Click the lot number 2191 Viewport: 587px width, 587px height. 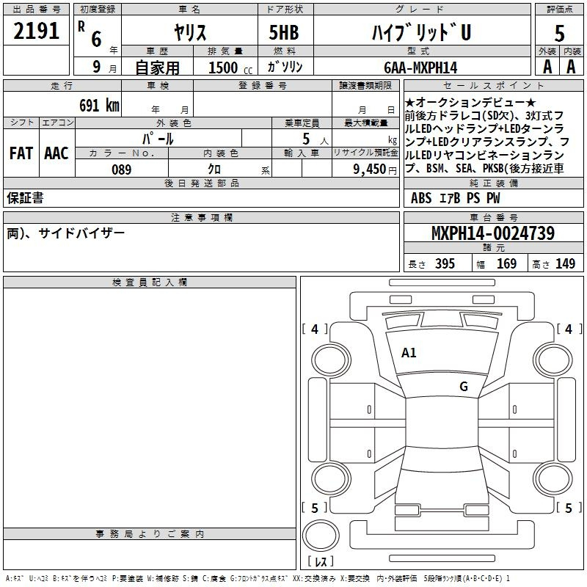[36, 31]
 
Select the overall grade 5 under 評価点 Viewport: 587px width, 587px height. [559, 33]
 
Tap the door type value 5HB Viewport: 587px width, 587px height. [284, 32]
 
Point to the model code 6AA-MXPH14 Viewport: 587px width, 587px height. [420, 68]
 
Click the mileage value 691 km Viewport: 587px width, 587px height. [99, 105]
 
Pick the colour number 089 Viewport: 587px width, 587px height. [122, 169]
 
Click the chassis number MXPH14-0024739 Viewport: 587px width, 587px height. [493, 233]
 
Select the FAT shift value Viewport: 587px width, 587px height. [21, 153]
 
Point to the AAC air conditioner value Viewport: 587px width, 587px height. [56, 153]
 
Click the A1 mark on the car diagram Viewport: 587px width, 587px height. [409, 353]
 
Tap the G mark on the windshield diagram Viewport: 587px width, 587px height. [464, 386]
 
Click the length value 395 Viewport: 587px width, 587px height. [445, 263]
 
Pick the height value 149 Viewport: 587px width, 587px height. [565, 263]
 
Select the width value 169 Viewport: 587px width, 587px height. [506, 263]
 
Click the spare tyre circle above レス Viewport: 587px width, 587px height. [321, 536]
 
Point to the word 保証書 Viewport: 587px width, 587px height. [25, 198]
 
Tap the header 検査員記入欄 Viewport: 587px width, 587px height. [150, 282]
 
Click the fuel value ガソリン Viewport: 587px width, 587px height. [285, 67]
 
